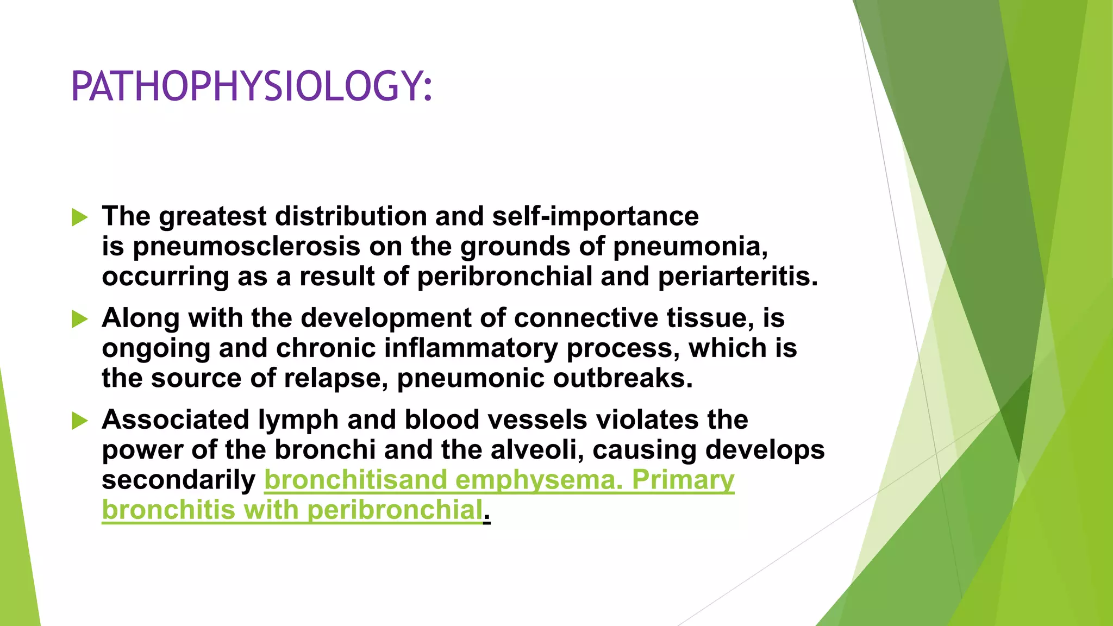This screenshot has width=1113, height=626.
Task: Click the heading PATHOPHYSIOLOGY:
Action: (x=251, y=86)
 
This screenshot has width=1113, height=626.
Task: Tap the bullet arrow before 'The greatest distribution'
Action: (x=79, y=218)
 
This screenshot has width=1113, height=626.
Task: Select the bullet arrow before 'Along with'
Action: (x=79, y=319)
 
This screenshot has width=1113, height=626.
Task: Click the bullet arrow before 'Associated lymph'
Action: (x=79, y=421)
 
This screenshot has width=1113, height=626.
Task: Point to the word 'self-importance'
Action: (x=595, y=216)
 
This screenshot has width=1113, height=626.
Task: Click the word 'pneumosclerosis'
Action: (x=246, y=247)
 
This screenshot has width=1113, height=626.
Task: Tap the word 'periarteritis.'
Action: (x=737, y=277)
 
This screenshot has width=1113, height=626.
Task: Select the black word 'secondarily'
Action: (x=178, y=480)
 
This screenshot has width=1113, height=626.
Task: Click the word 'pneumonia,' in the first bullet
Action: (x=690, y=247)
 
